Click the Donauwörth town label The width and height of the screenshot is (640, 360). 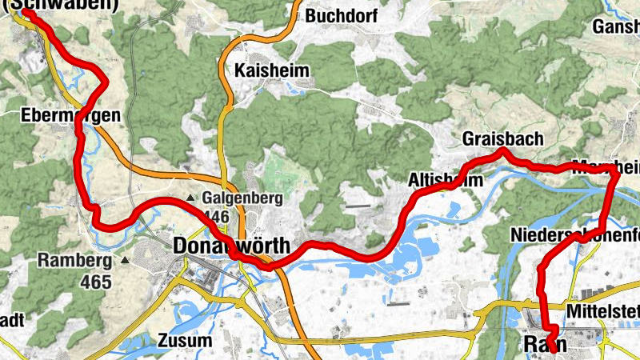pyautogui.click(x=231, y=245)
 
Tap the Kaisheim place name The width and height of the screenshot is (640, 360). pyautogui.click(x=272, y=71)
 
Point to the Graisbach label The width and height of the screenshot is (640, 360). pyautogui.click(x=502, y=139)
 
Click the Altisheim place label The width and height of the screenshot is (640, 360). pyautogui.click(x=446, y=180)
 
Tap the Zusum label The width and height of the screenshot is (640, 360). pyautogui.click(x=186, y=340)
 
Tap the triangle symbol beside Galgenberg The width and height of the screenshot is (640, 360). pyautogui.click(x=190, y=198)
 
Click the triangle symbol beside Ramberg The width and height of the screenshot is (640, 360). pyautogui.click(x=126, y=261)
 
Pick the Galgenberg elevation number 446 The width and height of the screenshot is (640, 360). pyautogui.click(x=216, y=217)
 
